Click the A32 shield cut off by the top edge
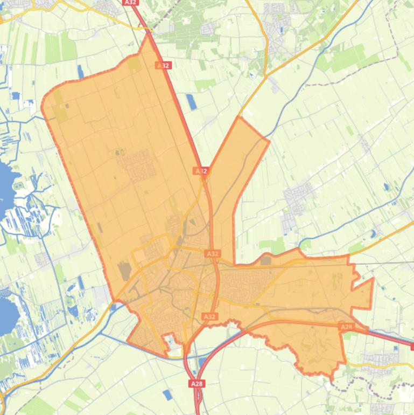point(130,2)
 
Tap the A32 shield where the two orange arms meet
point(201,171)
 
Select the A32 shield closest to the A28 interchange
point(209,316)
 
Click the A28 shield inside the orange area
point(346,327)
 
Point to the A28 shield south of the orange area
point(197,384)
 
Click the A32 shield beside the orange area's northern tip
point(163,65)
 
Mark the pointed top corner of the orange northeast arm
point(238,117)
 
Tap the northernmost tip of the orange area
point(148,34)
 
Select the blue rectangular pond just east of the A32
point(191,101)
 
